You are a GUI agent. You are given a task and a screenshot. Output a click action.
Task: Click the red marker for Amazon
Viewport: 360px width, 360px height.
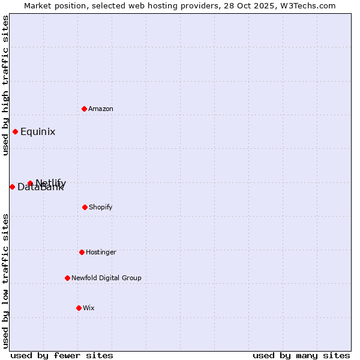[x=84, y=109]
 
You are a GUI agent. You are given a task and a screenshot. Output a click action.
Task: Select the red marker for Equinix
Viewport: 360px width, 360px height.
[x=15, y=132]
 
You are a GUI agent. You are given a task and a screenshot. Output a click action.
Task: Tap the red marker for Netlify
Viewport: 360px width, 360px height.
[x=30, y=183]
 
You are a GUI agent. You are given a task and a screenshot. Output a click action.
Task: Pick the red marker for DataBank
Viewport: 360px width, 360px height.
[x=12, y=187]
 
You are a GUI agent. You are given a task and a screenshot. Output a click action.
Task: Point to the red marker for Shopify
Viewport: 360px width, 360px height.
[x=85, y=207]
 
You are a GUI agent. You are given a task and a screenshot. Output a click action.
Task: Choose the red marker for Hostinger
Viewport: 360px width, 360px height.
[x=82, y=252]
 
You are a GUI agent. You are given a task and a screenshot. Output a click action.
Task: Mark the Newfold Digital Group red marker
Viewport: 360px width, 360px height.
[x=67, y=278]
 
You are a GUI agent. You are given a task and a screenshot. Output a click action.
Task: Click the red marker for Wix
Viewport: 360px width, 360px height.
[x=79, y=308]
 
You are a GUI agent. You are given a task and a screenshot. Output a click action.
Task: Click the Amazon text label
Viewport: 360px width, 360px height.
[x=101, y=109]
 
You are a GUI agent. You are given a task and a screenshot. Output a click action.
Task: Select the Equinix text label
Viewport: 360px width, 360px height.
[x=38, y=132]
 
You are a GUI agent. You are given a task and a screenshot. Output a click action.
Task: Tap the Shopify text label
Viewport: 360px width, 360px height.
[x=101, y=207]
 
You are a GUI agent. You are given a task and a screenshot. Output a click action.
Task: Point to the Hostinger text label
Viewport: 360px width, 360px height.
[x=101, y=252]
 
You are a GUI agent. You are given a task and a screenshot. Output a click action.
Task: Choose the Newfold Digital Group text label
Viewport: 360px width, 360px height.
[x=106, y=278]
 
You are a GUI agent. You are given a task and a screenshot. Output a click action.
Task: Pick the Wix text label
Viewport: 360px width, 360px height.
[x=89, y=308]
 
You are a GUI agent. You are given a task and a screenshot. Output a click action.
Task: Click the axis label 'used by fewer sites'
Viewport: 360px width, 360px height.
[x=62, y=355]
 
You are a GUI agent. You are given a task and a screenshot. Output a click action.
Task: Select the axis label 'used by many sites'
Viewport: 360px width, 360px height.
[x=301, y=355]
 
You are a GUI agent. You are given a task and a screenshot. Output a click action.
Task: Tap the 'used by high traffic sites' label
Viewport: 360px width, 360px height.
[x=5, y=85]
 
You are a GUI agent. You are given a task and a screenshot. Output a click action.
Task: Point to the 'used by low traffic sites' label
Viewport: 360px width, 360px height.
[x=5, y=281]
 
